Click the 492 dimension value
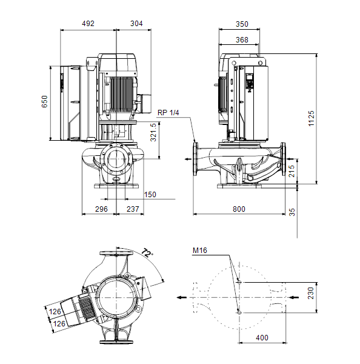(x=88, y=24)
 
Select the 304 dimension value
(x=136, y=24)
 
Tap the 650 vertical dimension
(x=44, y=101)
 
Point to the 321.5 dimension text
(x=153, y=132)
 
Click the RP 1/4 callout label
(x=168, y=113)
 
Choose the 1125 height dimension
(x=311, y=118)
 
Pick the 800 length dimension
(x=239, y=209)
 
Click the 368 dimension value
(x=242, y=40)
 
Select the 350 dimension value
(x=242, y=24)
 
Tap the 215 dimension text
(x=292, y=171)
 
